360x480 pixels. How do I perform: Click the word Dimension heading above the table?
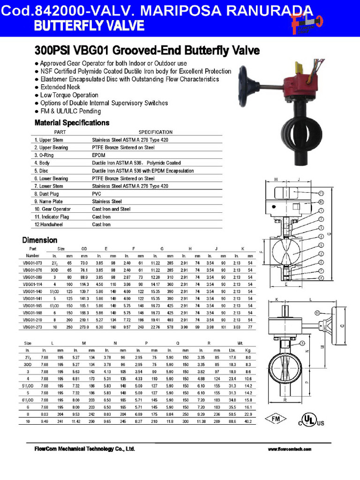pos(39,240)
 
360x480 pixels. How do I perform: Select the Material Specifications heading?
pos(72,123)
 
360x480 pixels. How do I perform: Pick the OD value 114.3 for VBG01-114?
pos(84,284)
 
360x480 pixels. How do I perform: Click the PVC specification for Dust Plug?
pos(97,194)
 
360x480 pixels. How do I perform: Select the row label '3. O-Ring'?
pos(45,155)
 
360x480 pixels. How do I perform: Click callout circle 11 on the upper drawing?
pos(321,193)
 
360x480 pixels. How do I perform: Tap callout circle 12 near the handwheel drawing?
pos(317,313)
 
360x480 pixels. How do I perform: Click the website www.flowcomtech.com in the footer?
pos(289,449)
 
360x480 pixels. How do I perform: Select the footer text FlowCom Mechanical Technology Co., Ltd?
pos(84,449)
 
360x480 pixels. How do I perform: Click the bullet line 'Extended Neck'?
pos(60,87)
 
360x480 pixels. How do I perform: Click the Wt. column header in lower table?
pos(240,344)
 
